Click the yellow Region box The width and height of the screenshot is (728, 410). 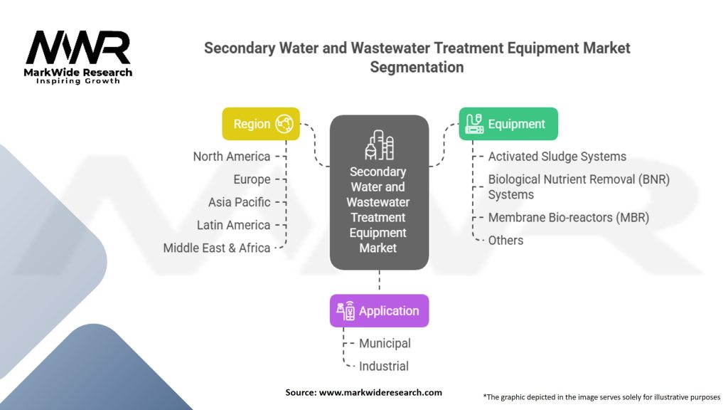click(261, 124)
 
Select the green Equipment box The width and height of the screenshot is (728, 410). click(508, 124)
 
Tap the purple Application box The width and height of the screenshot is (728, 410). click(380, 310)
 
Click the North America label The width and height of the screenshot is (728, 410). click(232, 157)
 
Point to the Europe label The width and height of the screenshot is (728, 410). click(252, 179)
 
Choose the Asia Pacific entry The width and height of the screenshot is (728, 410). click(239, 202)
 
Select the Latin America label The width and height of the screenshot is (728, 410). click(233, 225)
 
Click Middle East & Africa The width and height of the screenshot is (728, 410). click(217, 248)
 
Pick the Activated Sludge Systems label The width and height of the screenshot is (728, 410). click(557, 157)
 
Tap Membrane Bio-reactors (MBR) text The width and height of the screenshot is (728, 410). click(569, 218)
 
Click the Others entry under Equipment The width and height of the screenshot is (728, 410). click(505, 241)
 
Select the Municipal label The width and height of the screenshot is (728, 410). click(385, 344)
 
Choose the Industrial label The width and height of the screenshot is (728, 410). click(384, 367)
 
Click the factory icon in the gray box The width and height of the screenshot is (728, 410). click(380, 145)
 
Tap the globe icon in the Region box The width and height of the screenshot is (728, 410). click(284, 124)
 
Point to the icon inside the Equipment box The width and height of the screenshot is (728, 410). click(474, 124)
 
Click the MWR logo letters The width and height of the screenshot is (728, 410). click(78, 48)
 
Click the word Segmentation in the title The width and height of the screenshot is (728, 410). click(417, 68)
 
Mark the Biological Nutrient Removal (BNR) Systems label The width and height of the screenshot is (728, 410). click(579, 187)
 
